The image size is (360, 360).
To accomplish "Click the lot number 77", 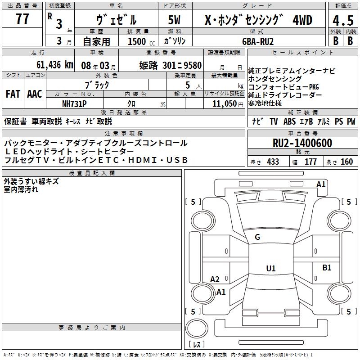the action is click(x=22, y=19).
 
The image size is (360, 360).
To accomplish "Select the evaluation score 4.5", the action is click(x=343, y=21).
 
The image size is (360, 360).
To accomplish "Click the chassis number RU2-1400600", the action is click(x=302, y=144).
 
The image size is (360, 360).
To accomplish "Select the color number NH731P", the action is click(x=74, y=103).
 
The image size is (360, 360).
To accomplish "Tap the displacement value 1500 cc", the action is click(x=138, y=41).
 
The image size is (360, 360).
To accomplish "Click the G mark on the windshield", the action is click(x=257, y=237).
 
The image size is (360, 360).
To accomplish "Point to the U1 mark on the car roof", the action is click(x=270, y=269).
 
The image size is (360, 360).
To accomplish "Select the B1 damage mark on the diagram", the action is click(x=327, y=268).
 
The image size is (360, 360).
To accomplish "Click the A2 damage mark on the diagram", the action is click(x=215, y=279).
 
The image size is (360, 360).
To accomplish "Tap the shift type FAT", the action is click(x=13, y=94).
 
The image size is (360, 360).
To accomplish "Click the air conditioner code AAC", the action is click(x=35, y=94).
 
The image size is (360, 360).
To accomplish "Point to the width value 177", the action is click(x=310, y=162).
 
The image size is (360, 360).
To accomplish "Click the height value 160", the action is click(x=347, y=162).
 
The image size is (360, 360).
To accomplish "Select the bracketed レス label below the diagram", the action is click(x=196, y=345).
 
